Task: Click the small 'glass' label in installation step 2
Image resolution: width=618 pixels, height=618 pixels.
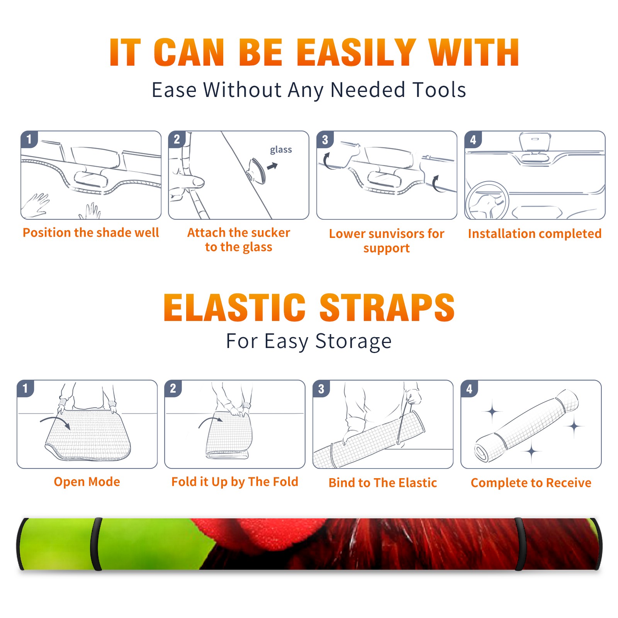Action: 281,150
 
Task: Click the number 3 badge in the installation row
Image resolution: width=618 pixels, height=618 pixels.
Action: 325,139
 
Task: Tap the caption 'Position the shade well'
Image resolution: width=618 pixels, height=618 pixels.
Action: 91,233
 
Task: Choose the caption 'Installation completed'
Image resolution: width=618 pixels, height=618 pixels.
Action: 535,233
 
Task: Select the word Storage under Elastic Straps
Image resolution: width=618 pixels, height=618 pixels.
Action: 353,341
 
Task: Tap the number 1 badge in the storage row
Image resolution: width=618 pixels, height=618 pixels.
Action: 25,388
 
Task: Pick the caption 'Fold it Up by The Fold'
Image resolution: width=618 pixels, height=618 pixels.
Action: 235,482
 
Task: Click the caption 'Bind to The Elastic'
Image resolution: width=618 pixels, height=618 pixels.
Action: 383,482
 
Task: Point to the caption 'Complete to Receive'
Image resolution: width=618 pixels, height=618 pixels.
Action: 531,483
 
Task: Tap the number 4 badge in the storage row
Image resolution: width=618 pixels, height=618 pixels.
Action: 469,388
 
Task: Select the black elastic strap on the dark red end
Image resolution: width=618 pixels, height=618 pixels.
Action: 519,544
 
